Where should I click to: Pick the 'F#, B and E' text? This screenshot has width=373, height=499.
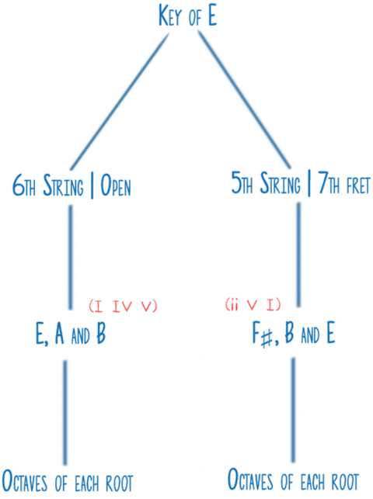click(x=292, y=337)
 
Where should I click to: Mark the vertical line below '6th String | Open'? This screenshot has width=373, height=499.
click(x=70, y=256)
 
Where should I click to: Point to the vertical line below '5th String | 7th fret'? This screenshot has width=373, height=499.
click(x=298, y=256)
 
